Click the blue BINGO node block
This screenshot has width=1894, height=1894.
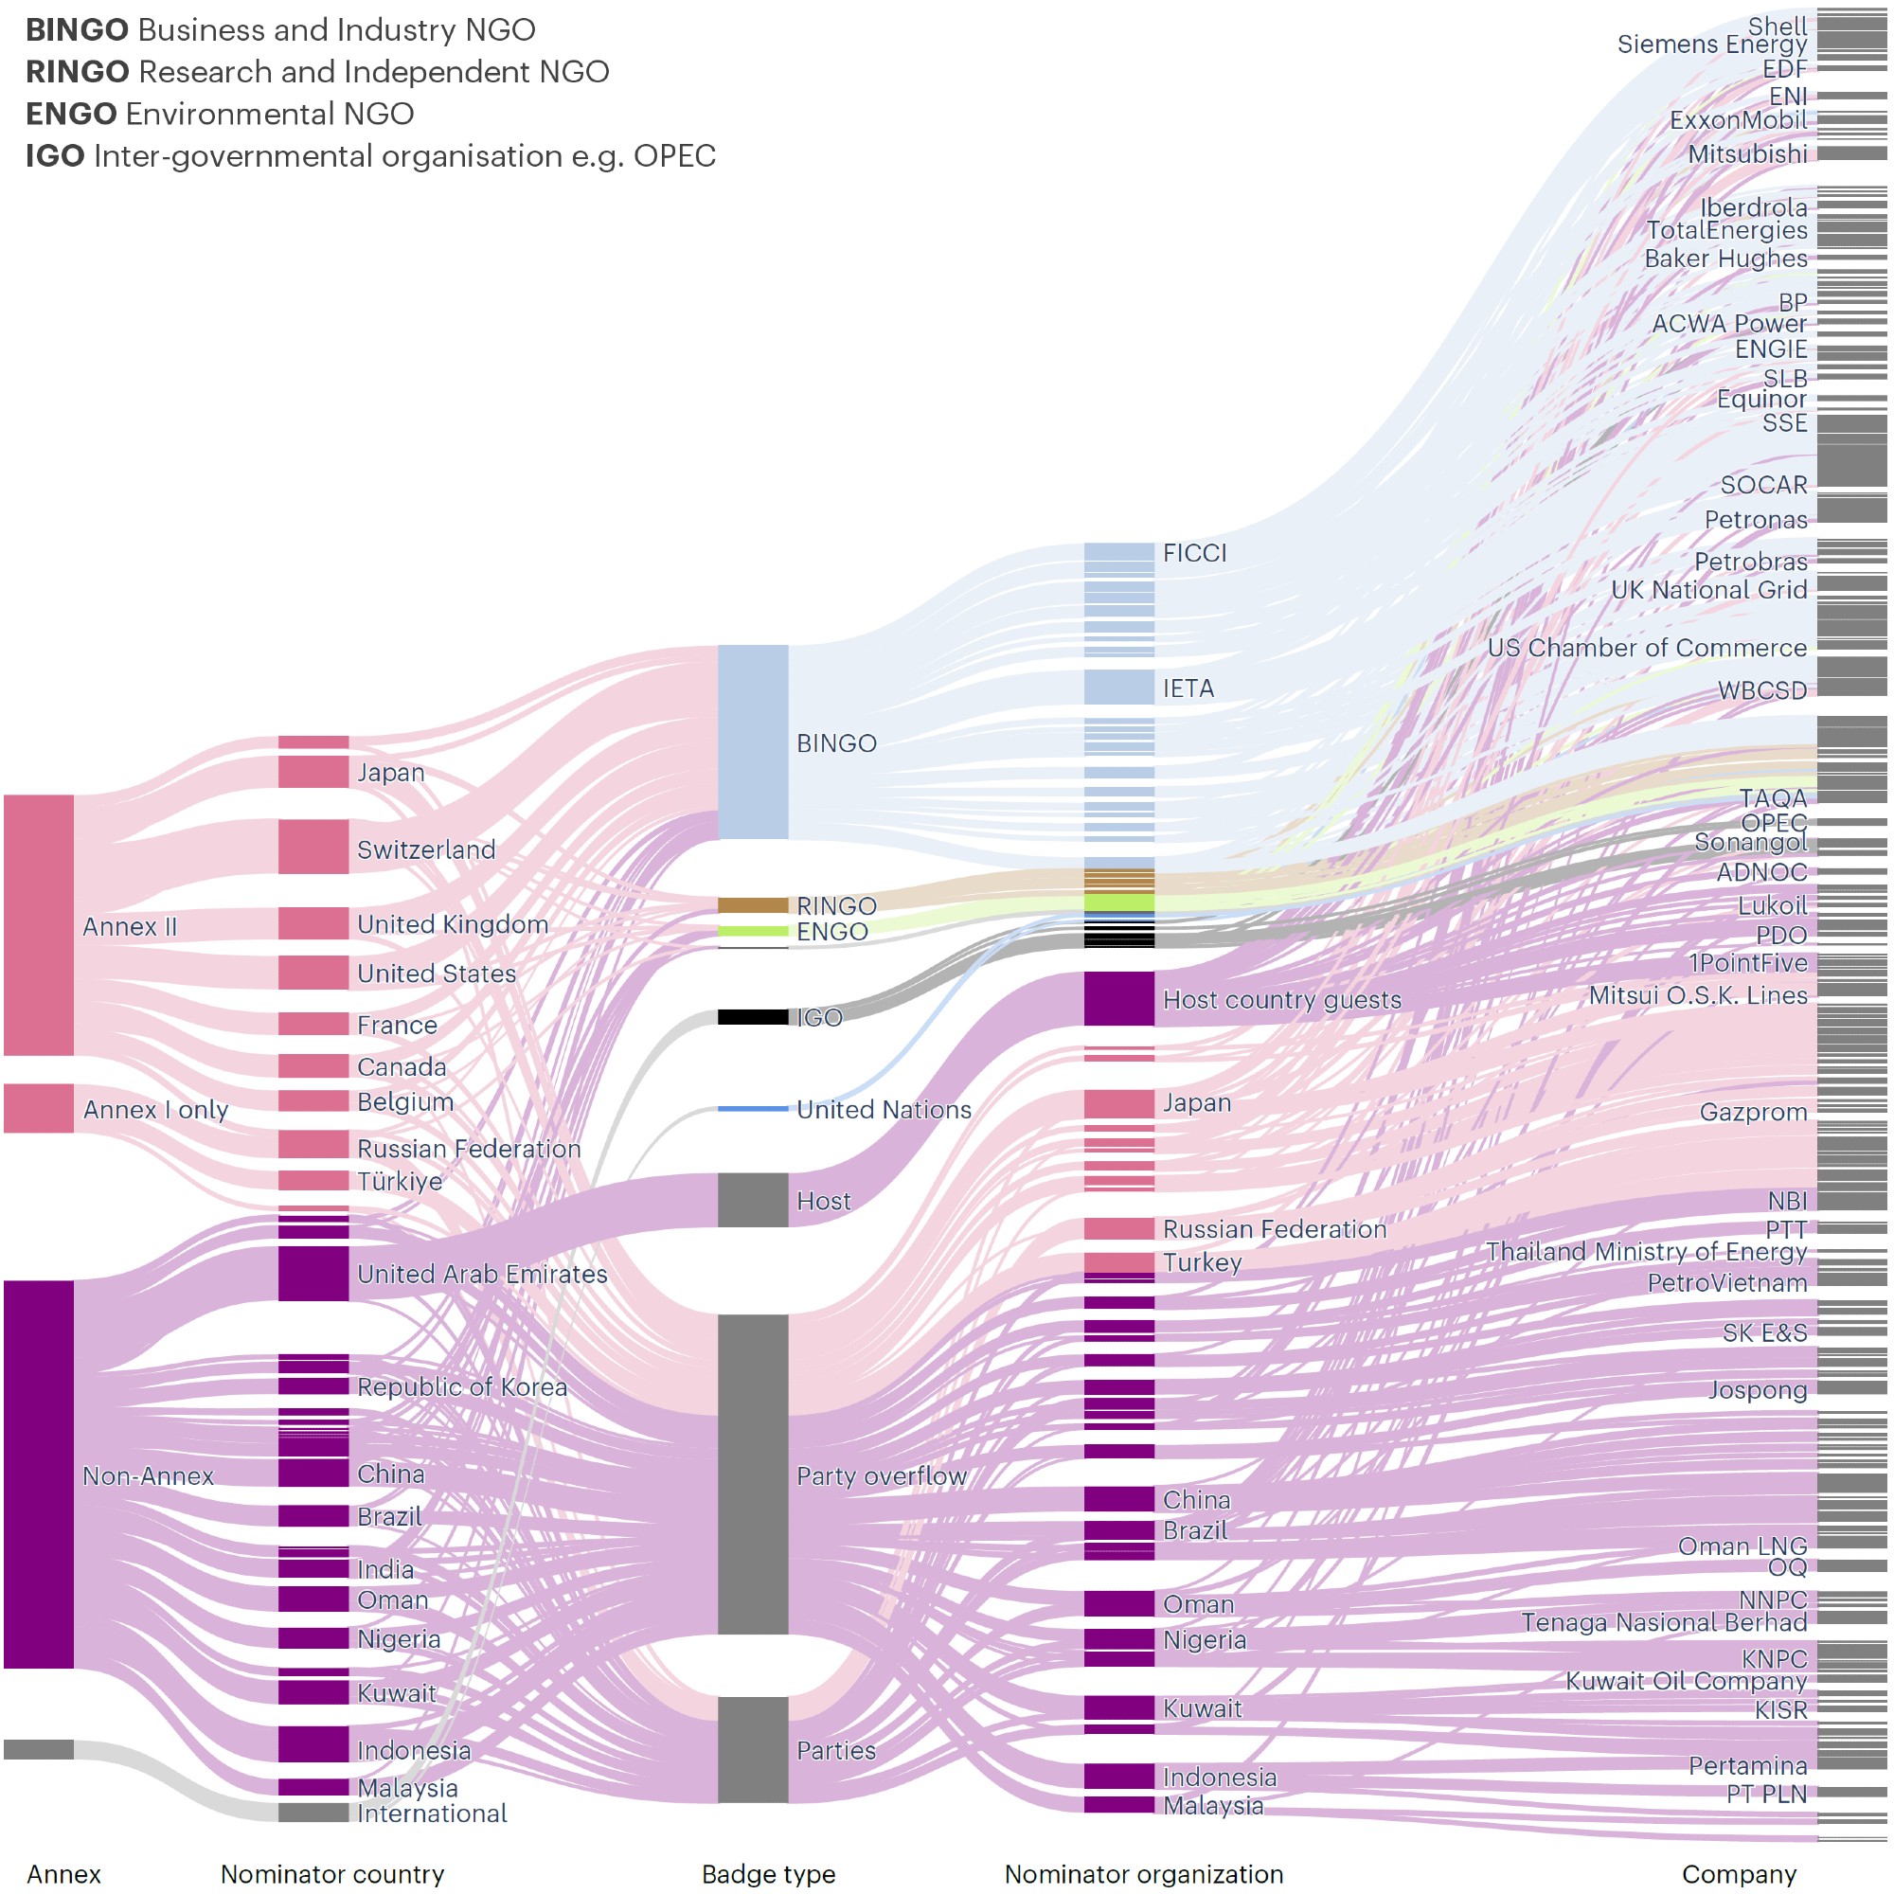[x=752, y=742]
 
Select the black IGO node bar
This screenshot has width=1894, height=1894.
[x=752, y=1016]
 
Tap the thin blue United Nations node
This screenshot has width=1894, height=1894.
[x=752, y=1109]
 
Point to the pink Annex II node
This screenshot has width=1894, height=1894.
[x=38, y=924]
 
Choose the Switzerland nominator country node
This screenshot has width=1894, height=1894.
[x=313, y=846]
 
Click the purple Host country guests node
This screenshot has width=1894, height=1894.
[x=1118, y=998]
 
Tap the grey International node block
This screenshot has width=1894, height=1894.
[x=313, y=1812]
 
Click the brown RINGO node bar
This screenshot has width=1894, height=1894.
[x=752, y=904]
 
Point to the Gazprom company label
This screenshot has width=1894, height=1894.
[x=1753, y=1112]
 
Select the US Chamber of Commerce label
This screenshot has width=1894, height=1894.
[x=1647, y=648]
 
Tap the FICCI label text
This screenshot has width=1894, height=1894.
[x=1194, y=553]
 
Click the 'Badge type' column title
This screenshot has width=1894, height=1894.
[x=769, y=1873]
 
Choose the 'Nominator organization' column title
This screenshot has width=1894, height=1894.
[x=1143, y=1873]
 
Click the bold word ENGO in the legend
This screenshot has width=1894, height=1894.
[x=72, y=114]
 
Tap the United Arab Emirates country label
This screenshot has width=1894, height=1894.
[x=481, y=1274]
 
